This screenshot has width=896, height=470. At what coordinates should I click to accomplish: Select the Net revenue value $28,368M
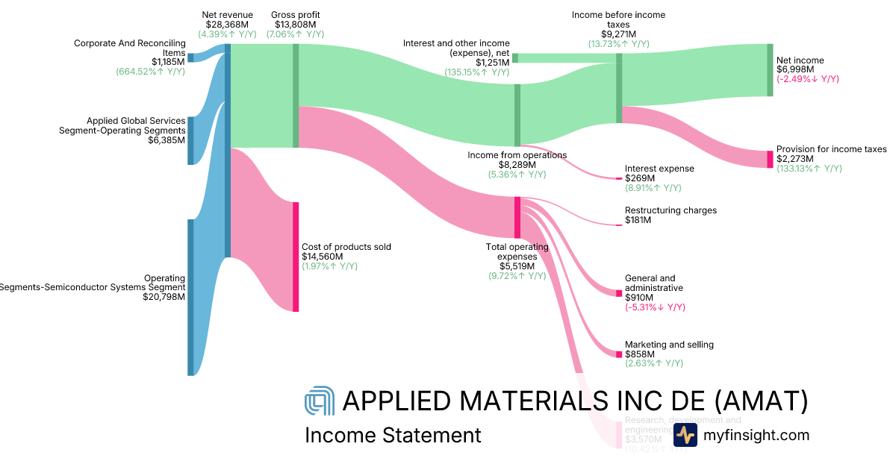click(227, 25)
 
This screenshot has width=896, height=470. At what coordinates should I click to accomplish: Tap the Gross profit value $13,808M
click(295, 25)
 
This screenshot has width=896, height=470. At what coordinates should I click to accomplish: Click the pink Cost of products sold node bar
click(296, 256)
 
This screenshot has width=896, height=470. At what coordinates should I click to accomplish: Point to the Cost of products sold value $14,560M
click(322, 257)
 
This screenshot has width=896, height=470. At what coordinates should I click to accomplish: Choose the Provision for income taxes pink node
click(770, 159)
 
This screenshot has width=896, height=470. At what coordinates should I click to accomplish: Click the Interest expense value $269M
click(640, 178)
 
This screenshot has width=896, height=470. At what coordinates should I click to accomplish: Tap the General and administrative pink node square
click(618, 293)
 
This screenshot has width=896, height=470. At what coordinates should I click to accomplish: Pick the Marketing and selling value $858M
click(640, 354)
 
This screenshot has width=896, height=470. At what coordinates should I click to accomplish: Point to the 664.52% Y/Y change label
click(150, 72)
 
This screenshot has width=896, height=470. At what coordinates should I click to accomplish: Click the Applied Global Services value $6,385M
click(168, 140)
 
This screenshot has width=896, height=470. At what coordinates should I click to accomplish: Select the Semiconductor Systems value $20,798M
click(164, 296)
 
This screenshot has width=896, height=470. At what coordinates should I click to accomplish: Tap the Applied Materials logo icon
click(320, 402)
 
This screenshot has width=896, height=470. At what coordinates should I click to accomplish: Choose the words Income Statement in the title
click(393, 435)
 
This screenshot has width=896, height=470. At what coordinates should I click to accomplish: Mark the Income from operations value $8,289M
click(517, 165)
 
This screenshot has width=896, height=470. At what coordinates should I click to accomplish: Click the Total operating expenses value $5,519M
click(517, 266)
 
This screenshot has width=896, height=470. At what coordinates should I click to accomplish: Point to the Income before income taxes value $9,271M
click(618, 34)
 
